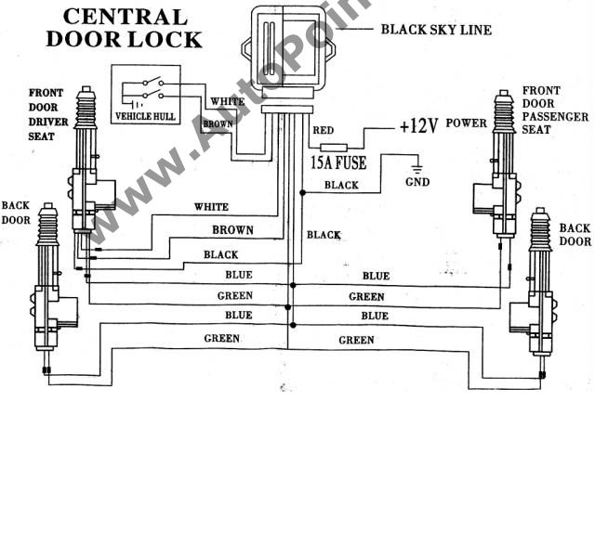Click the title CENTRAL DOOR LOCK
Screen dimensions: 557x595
124,28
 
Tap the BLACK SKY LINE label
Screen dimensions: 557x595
436,30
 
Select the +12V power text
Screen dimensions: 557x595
418,126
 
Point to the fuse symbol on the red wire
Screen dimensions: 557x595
333,147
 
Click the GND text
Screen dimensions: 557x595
417,182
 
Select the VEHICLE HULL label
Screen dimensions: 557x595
144,117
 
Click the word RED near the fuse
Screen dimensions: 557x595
324,131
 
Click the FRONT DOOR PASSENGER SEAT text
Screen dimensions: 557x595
555,110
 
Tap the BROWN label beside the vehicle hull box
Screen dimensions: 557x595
218,123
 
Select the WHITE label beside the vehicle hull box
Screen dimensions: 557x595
228,101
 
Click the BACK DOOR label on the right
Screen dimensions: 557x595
575,235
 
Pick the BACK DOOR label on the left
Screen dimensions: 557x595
18,212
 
